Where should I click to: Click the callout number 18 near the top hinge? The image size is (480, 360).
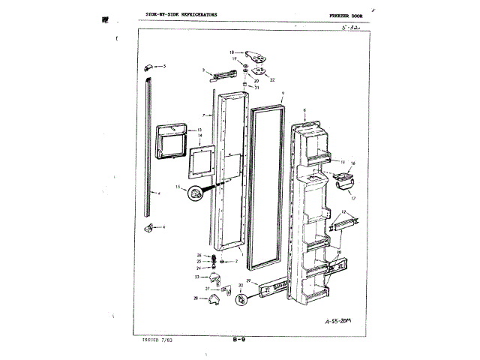click(x=232, y=52)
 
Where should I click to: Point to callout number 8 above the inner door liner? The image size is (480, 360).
click(x=304, y=111)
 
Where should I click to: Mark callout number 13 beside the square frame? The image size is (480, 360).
click(x=199, y=130)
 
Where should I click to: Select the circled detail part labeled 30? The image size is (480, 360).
click(x=242, y=299)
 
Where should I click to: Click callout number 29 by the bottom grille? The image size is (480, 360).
click(x=248, y=280)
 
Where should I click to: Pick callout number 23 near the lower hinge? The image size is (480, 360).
click(x=198, y=277)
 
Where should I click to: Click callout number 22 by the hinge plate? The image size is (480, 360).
click(x=272, y=79)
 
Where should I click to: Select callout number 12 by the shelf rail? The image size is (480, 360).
click(x=343, y=212)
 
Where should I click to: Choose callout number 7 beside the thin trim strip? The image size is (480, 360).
click(x=203, y=115)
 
